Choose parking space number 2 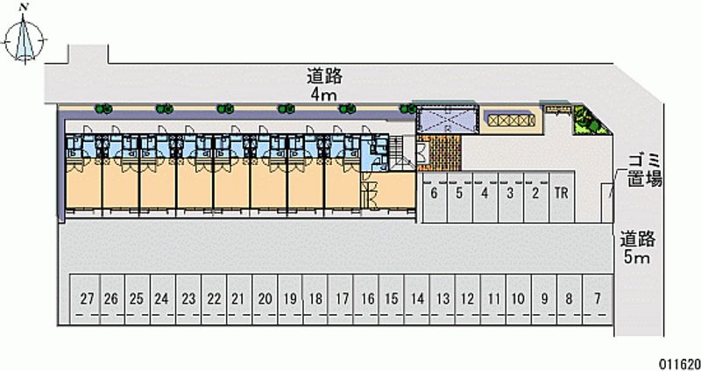click(535, 194)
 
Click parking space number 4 click(485, 194)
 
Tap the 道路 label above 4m click(324, 75)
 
